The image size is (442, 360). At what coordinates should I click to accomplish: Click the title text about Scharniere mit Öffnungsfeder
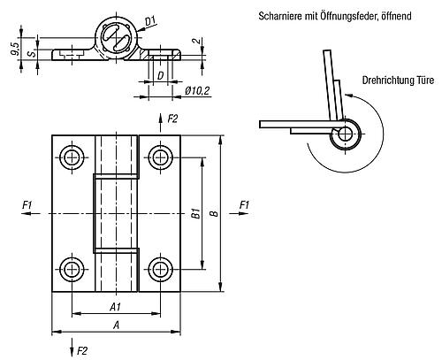pyautogui.click(x=335, y=16)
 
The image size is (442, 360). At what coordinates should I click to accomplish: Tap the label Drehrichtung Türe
pyautogui.click(x=398, y=80)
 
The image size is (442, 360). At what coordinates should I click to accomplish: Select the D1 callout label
pyautogui.click(x=151, y=21)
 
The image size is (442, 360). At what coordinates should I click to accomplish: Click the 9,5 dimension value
pyautogui.click(x=15, y=49)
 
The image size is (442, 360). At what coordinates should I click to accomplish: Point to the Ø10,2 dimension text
pyautogui.click(x=197, y=91)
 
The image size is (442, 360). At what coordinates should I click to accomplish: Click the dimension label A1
pyautogui.click(x=116, y=307)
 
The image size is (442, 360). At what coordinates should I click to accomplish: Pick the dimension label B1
pyautogui.click(x=196, y=213)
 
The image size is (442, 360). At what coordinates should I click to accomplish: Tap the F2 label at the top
pyautogui.click(x=172, y=119)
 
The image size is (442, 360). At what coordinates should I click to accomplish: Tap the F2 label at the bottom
pyautogui.click(x=82, y=351)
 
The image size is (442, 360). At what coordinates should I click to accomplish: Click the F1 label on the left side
pyautogui.click(x=27, y=204)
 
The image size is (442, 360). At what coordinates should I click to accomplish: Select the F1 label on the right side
pyautogui.click(x=244, y=204)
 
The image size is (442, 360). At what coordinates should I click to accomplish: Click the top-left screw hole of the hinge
pyautogui.click(x=72, y=157)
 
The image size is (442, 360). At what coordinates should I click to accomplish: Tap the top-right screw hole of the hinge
pyautogui.click(x=160, y=157)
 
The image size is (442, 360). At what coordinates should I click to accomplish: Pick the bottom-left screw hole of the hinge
pyautogui.click(x=72, y=269)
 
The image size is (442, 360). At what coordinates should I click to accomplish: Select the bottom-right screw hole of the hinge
pyautogui.click(x=160, y=269)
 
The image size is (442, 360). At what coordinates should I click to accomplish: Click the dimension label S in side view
pyautogui.click(x=32, y=53)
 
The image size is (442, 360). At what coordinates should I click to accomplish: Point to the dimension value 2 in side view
pyautogui.click(x=198, y=42)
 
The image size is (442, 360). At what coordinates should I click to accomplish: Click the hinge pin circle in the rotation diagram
pyautogui.click(x=346, y=134)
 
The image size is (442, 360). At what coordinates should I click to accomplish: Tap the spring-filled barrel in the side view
pyautogui.click(x=116, y=38)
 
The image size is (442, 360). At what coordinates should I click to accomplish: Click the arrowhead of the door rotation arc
pyautogui.click(x=348, y=96)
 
